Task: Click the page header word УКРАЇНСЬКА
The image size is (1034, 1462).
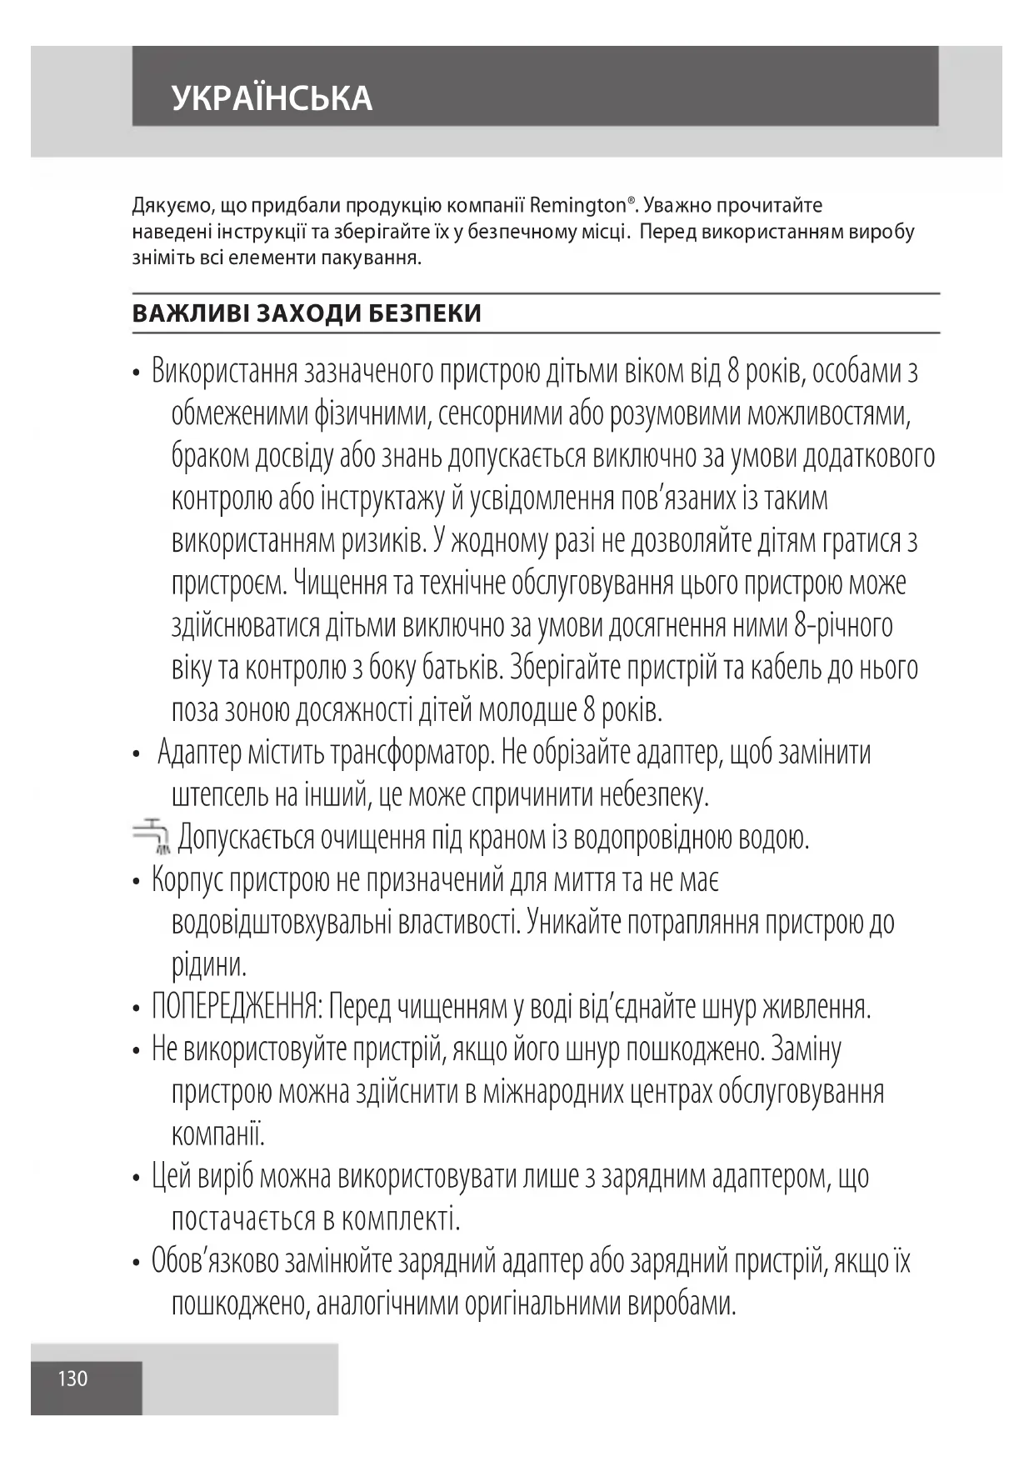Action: click(x=272, y=98)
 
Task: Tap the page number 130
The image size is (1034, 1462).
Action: click(x=72, y=1378)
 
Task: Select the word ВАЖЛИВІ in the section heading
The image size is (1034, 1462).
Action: click(x=188, y=313)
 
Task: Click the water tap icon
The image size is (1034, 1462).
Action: click(x=152, y=836)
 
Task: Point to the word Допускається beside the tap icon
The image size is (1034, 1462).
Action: click(x=246, y=837)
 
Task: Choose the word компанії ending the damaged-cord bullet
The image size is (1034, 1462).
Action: click(x=217, y=1134)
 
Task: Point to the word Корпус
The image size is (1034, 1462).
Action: click(x=187, y=879)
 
